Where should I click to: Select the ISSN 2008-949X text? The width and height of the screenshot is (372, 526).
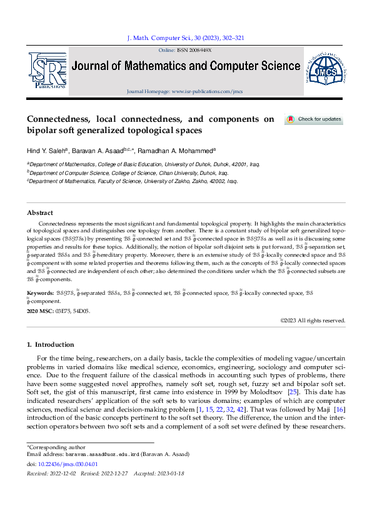[194, 50]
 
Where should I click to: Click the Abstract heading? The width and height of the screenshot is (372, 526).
[39, 213]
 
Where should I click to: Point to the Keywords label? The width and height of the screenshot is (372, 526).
[39, 292]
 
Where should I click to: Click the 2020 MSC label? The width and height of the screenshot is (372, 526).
[40, 310]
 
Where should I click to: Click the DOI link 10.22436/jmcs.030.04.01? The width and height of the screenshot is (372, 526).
[68, 464]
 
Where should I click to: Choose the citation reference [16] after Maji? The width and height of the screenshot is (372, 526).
[339, 418]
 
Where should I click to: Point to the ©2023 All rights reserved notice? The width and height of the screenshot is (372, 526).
[312, 320]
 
